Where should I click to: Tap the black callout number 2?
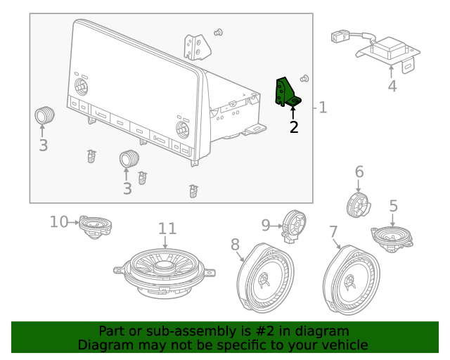(294, 127)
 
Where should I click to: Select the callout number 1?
(323, 108)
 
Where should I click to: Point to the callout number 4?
(392, 86)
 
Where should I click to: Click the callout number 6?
(359, 172)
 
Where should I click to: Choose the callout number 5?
(393, 206)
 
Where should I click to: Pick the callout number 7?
(333, 231)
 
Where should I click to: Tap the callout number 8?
(235, 244)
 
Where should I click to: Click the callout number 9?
(266, 225)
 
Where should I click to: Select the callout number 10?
(59, 222)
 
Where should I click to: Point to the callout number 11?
(167, 229)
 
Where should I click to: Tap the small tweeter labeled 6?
(359, 205)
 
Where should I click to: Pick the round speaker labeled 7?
(352, 278)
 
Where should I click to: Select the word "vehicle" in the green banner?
(343, 345)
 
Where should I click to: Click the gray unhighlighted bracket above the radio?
(196, 46)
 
